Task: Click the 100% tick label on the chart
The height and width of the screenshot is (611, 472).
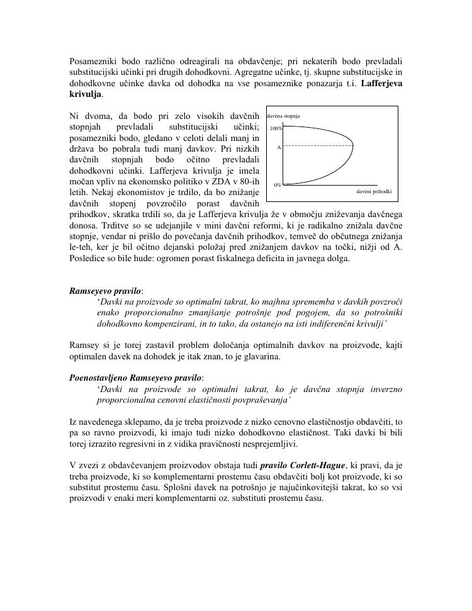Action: (276, 128)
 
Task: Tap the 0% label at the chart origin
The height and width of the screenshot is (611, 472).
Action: (278, 185)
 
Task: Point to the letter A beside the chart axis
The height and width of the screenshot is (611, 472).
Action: (278, 147)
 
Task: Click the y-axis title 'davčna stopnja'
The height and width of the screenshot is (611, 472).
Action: (283, 116)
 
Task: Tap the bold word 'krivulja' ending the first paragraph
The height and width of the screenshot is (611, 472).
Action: (84, 94)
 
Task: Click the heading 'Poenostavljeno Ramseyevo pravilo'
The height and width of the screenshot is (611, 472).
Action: (135, 378)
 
